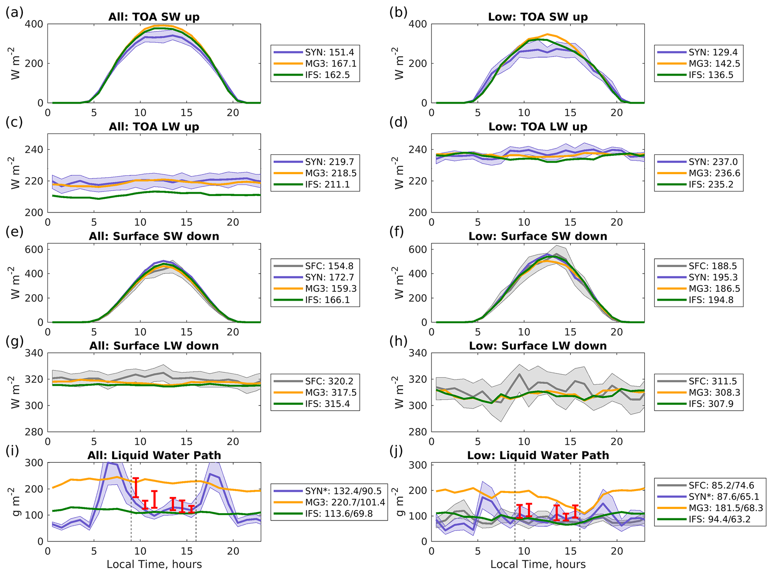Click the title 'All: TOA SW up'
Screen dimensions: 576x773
(154, 17)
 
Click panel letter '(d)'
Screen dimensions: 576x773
(398, 123)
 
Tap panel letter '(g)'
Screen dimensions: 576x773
(15, 342)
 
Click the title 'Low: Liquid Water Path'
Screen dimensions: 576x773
(538, 455)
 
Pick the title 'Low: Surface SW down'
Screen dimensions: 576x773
(538, 236)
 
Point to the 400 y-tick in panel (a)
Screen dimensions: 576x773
(34, 24)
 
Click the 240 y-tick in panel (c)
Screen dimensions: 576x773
(34, 150)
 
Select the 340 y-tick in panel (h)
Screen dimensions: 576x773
(418, 353)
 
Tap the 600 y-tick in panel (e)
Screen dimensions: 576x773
(34, 249)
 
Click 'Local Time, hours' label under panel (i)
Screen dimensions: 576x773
(154, 564)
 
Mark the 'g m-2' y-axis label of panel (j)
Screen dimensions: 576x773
(399, 502)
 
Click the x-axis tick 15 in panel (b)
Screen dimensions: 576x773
(570, 113)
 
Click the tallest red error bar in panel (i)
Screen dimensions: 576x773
(136, 487)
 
